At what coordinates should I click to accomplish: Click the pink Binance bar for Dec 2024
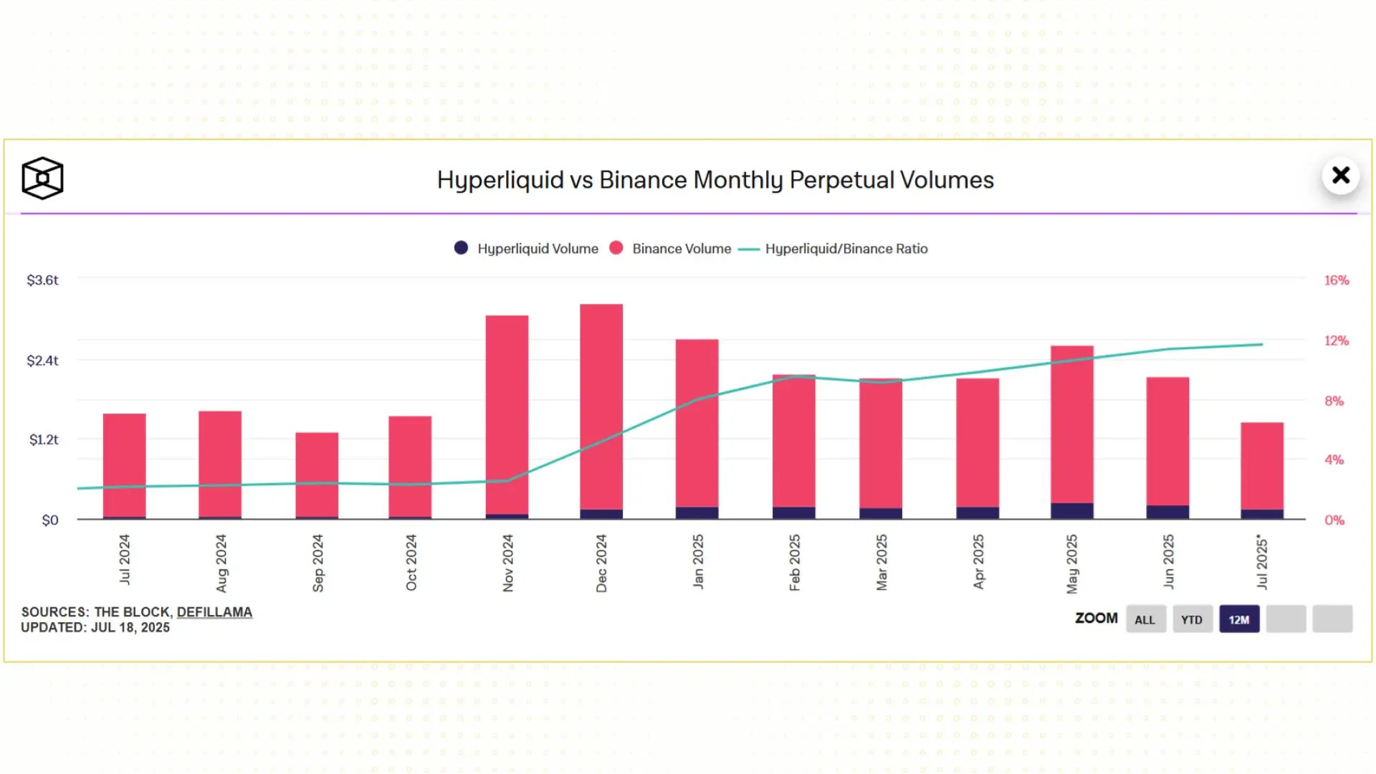[x=601, y=405]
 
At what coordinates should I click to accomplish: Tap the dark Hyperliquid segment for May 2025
[x=1072, y=510]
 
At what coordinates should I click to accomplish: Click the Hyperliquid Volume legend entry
[x=527, y=249]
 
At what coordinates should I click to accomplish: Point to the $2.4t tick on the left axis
[x=42, y=360]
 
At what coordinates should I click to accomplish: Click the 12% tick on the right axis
[x=1336, y=340]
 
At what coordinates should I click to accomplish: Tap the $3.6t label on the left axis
[x=42, y=280]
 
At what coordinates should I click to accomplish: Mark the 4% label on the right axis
[x=1334, y=460]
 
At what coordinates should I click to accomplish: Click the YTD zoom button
[x=1192, y=620]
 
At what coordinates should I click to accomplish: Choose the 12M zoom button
[x=1238, y=620]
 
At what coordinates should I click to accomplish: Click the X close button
[x=1340, y=176]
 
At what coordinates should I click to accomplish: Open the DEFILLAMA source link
[x=214, y=612]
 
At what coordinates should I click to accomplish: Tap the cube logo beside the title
[x=42, y=178]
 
